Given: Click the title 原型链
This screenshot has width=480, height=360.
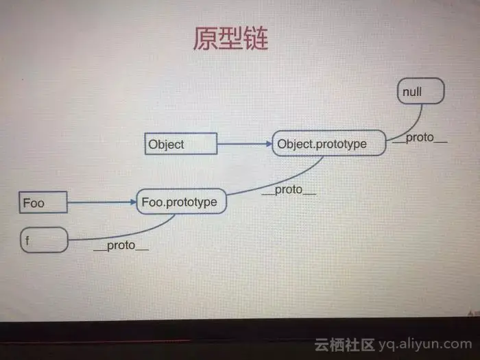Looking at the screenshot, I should tap(230, 38).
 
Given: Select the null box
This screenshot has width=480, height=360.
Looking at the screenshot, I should tap(420, 91).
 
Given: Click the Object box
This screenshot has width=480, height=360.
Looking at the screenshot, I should tap(181, 144).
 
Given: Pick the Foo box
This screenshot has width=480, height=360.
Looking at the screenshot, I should tap(43, 202).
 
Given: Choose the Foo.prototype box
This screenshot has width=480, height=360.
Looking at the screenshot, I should tap(180, 202).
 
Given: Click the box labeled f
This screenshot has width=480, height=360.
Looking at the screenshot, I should tap(43, 240).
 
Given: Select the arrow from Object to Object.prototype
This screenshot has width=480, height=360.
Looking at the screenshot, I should tap(244, 144).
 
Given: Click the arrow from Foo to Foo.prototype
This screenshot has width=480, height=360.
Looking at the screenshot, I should tap(101, 202).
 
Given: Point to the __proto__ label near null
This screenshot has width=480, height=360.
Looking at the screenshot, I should tap(420, 138).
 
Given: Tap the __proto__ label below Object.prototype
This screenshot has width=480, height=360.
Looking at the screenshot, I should tap(289, 191).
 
